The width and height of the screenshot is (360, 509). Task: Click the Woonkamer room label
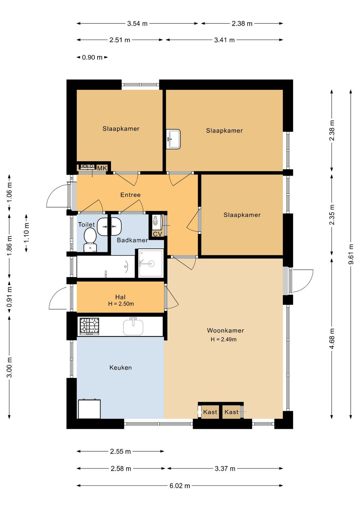click(x=225, y=331)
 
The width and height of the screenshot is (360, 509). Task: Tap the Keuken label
click(x=121, y=368)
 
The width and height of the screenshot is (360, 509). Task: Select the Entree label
click(x=130, y=195)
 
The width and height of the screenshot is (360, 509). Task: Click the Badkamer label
click(x=132, y=240)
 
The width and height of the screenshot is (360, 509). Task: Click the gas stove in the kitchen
click(x=89, y=326)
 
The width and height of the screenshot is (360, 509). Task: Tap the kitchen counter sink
click(x=133, y=326)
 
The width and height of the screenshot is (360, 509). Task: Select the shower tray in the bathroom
click(x=151, y=263)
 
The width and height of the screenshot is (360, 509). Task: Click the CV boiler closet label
click(x=157, y=234)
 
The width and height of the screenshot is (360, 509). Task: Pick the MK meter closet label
click(x=102, y=168)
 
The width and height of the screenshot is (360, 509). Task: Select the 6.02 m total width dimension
click(x=180, y=485)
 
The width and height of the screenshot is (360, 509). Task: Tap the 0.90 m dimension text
click(x=92, y=57)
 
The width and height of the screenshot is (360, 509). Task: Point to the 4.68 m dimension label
click(x=332, y=338)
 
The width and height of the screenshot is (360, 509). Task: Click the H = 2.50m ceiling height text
click(x=121, y=303)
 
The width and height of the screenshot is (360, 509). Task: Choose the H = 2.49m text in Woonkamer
click(x=224, y=339)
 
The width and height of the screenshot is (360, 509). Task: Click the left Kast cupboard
click(x=210, y=412)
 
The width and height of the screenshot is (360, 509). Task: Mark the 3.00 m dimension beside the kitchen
click(x=9, y=367)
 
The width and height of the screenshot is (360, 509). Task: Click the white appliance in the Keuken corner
click(x=89, y=409)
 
